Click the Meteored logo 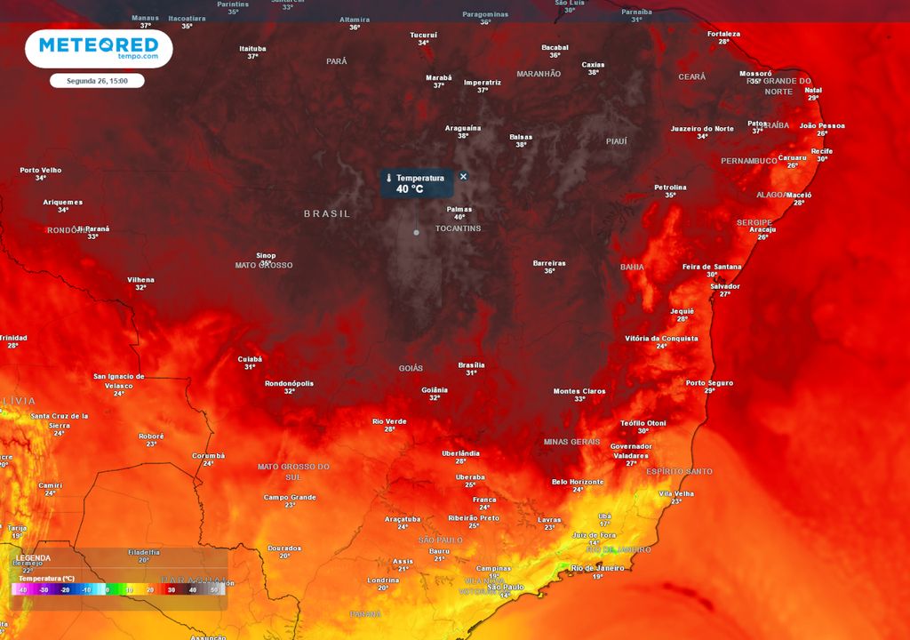pyautogui.click(x=99, y=48)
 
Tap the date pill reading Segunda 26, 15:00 pyautogui.click(x=97, y=81)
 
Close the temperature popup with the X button pyautogui.click(x=463, y=176)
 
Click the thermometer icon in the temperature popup pyautogui.click(x=388, y=179)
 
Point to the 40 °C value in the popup pyautogui.click(x=410, y=188)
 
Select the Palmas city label pyautogui.click(x=459, y=210)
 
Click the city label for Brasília pyautogui.click(x=471, y=364)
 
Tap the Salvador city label pyautogui.click(x=725, y=286)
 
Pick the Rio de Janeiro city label pyautogui.click(x=598, y=567)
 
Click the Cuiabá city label pyautogui.click(x=250, y=359)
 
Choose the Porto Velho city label pyautogui.click(x=41, y=170)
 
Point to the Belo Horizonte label pyautogui.click(x=578, y=482)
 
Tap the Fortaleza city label pyautogui.click(x=723, y=34)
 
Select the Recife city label pyautogui.click(x=822, y=151)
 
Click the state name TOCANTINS pyautogui.click(x=458, y=228)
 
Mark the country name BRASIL pyautogui.click(x=327, y=213)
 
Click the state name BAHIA pyautogui.click(x=632, y=267)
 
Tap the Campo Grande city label pyautogui.click(x=290, y=497)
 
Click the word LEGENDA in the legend pyautogui.click(x=34, y=558)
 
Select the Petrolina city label pyautogui.click(x=670, y=187)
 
